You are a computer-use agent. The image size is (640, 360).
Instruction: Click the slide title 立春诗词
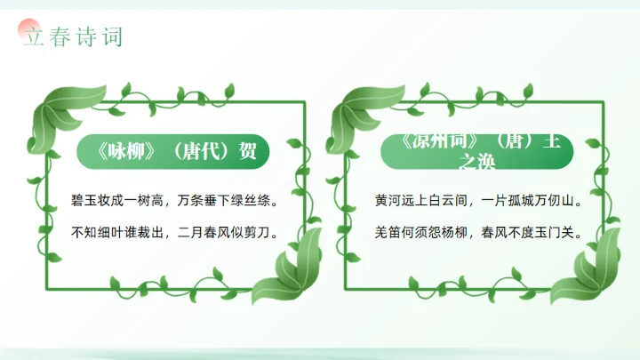coord(72,37)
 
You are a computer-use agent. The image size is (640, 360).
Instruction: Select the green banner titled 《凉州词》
coord(477,151)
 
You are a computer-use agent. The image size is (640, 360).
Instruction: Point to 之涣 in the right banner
coord(477,164)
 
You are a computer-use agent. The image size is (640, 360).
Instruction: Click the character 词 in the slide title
coord(112,37)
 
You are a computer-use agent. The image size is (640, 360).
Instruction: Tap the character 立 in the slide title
coord(33,37)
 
